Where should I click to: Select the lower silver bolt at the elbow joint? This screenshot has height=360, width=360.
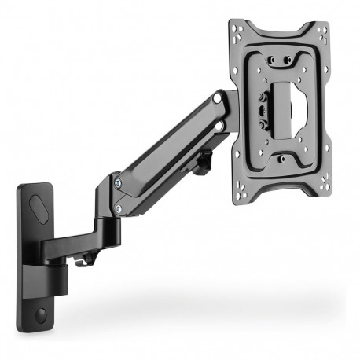coord(117,209)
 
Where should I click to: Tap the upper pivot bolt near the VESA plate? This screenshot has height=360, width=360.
coord(217,101)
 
